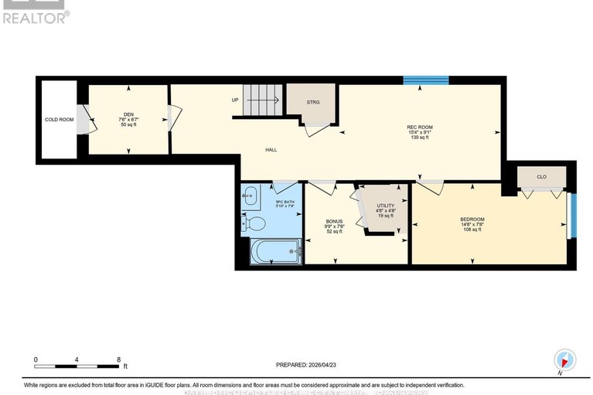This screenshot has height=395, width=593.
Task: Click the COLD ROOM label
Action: tap(58, 120)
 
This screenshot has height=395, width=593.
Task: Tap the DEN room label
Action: tap(128, 114)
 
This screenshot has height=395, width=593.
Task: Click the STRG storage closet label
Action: tap(312, 102)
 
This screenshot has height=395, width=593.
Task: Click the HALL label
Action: tap(271, 150)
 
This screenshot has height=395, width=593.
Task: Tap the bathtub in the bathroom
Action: tap(275, 250)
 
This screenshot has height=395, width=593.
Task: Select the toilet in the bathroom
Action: tap(255, 223)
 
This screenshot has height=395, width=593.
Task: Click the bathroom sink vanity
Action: tap(250, 197)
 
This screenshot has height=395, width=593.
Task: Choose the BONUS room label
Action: tap(334, 221)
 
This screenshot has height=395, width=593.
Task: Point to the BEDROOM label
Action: tap(472, 220)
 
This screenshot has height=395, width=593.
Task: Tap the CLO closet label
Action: tap(541, 177)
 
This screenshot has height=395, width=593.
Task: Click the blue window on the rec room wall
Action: tap(425, 80)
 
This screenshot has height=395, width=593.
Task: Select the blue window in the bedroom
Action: tap(572, 216)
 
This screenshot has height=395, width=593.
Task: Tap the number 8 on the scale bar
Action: tap(118, 360)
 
